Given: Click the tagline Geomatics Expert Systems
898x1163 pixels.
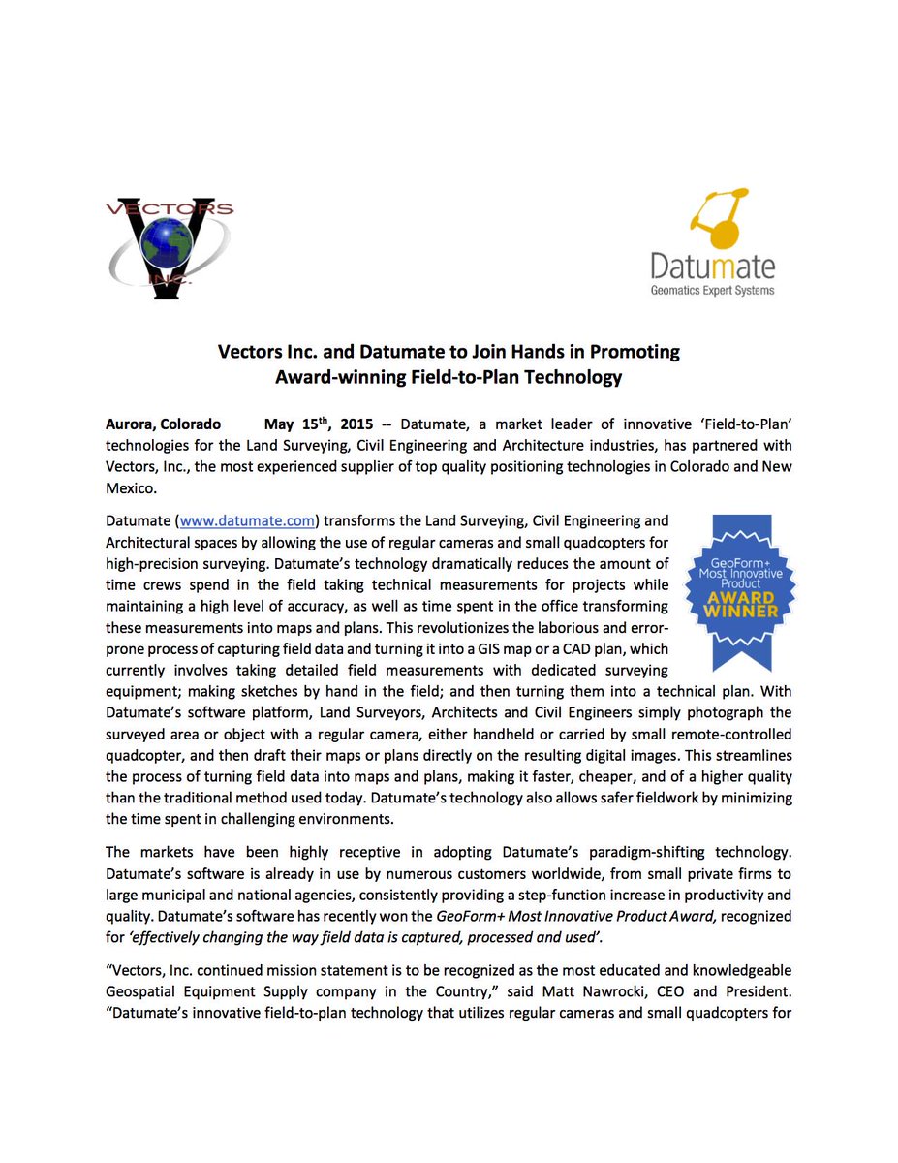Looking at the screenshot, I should point(714,289).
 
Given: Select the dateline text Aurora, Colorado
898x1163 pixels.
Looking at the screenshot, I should point(163,424).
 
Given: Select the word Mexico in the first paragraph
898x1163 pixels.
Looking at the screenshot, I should point(130,489).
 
